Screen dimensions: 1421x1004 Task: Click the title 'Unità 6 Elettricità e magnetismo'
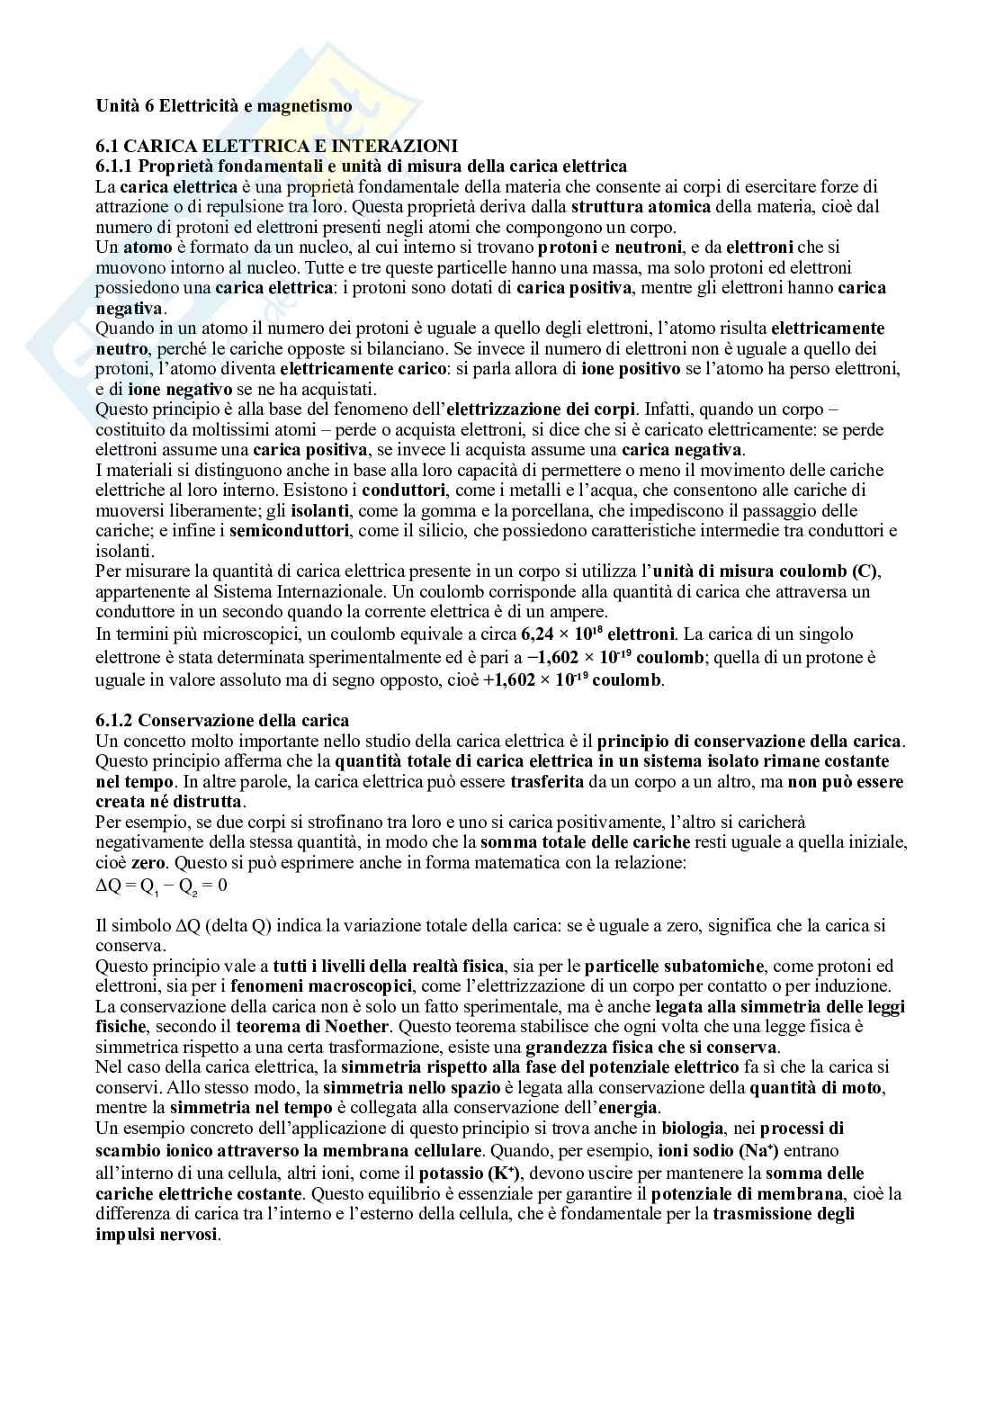pyautogui.click(x=224, y=105)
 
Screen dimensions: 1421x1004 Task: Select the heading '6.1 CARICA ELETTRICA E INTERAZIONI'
pyautogui.click(x=277, y=146)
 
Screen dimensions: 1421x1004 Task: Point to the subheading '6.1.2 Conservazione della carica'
pyautogui.click(x=222, y=720)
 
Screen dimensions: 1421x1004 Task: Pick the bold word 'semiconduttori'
pyautogui.click(x=289, y=531)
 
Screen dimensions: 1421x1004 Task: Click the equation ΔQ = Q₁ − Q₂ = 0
pyautogui.click(x=162, y=885)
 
